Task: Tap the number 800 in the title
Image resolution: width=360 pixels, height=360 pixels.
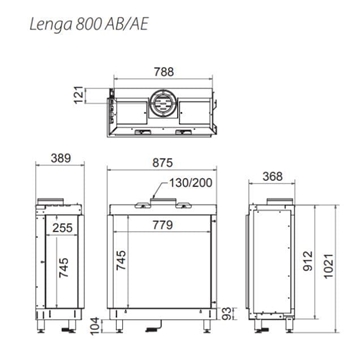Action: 80,17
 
